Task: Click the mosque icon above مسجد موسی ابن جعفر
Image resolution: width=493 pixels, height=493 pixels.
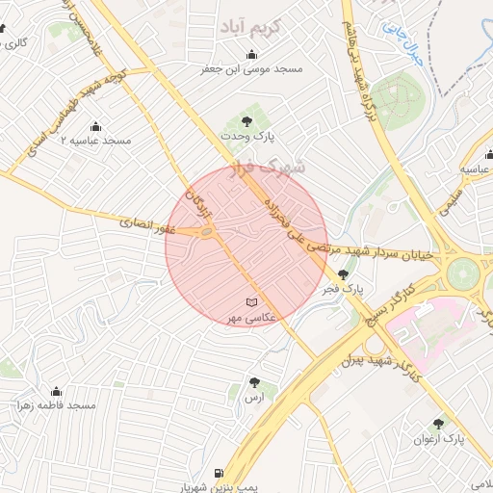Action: click(252, 55)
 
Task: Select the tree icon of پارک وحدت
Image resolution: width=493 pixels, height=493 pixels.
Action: click(247, 121)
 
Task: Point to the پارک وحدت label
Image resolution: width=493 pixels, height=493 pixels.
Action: click(247, 137)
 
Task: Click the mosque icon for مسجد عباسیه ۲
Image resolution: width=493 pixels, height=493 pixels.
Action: click(95, 126)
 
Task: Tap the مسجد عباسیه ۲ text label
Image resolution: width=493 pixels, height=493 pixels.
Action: click(95, 141)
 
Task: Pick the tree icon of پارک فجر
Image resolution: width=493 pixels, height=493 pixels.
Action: click(344, 274)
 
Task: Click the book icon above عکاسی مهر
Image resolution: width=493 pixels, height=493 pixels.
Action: click(252, 302)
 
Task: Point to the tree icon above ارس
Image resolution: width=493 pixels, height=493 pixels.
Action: click(254, 382)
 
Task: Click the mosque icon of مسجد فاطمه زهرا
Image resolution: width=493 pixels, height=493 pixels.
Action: click(56, 391)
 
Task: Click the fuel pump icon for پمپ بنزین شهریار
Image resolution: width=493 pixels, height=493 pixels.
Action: click(220, 473)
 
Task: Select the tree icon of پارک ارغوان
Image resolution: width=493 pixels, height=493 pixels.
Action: click(439, 424)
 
